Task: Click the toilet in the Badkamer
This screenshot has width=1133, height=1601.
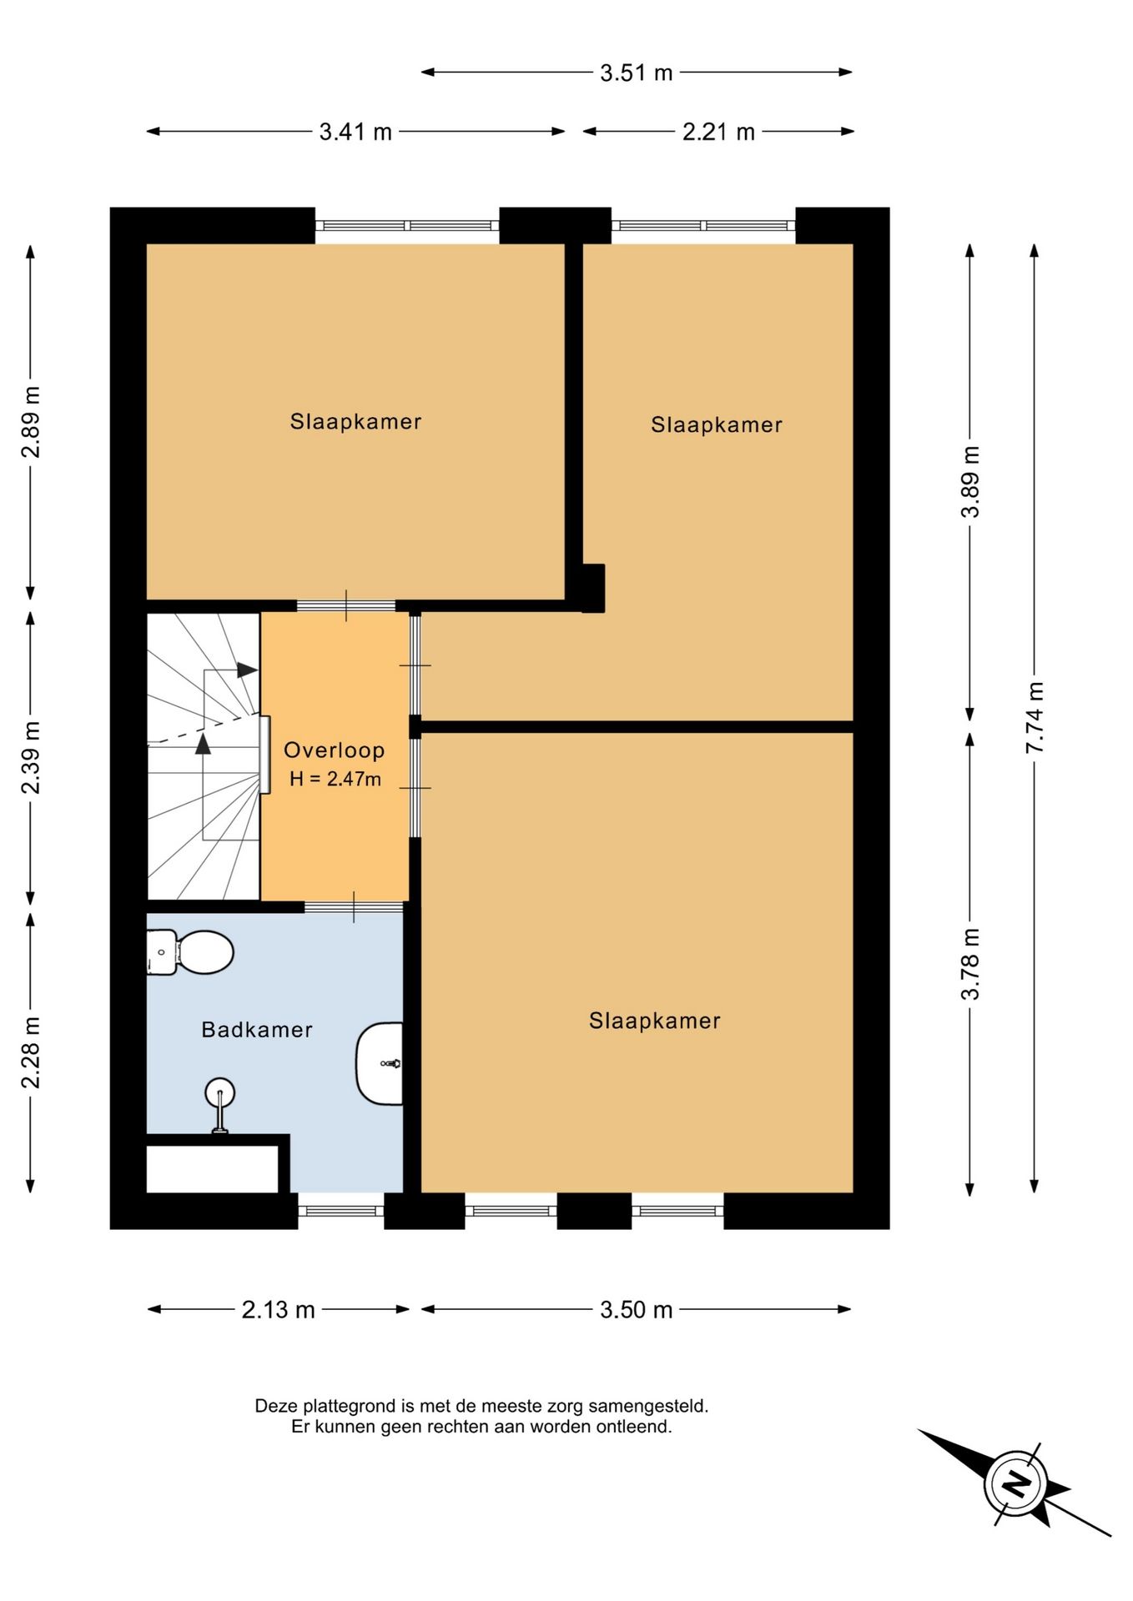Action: pyautogui.click(x=189, y=951)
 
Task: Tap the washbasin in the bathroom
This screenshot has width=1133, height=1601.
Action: pyautogui.click(x=380, y=1063)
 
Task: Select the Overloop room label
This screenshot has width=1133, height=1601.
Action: pyautogui.click(x=334, y=750)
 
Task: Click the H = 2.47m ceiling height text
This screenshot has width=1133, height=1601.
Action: pyautogui.click(x=335, y=779)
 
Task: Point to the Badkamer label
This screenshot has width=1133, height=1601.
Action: pyautogui.click(x=257, y=1030)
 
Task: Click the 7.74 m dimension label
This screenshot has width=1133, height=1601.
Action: pyautogui.click(x=1035, y=718)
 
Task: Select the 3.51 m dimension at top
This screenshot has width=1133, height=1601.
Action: pyautogui.click(x=636, y=73)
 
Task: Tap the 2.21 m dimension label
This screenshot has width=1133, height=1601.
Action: pyautogui.click(x=718, y=132)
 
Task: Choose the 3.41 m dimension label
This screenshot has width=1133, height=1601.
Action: pyautogui.click(x=355, y=132)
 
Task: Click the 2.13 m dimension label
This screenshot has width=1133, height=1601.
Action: pyautogui.click(x=278, y=1310)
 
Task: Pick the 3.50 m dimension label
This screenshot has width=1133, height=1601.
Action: pyautogui.click(x=636, y=1310)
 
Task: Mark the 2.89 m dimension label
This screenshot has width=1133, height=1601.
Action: pyautogui.click(x=31, y=422)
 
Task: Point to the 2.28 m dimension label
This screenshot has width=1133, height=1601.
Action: pyautogui.click(x=31, y=1052)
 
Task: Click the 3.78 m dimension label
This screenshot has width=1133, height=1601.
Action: pyautogui.click(x=969, y=964)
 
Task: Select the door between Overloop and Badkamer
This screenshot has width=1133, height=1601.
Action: pyautogui.click(x=354, y=906)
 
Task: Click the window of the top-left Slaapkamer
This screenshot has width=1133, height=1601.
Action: pyautogui.click(x=407, y=225)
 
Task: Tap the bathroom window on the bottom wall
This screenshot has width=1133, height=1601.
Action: pyautogui.click(x=340, y=1211)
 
